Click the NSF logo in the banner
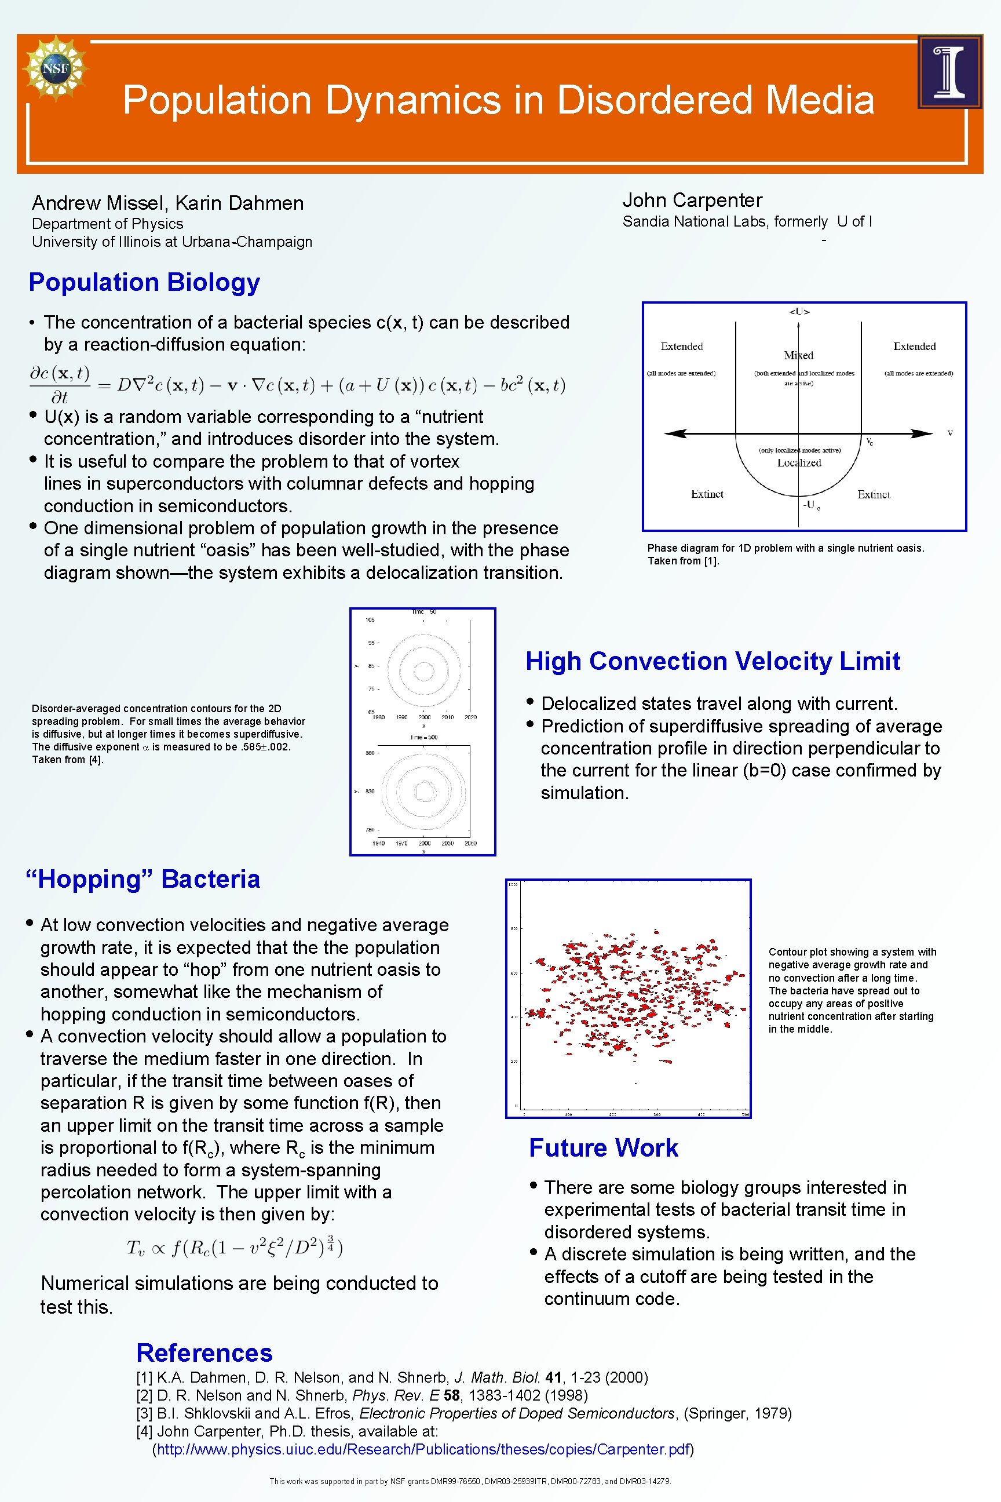pyautogui.click(x=56, y=68)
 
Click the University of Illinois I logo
pyautogui.click(x=949, y=71)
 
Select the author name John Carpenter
pyautogui.click(x=692, y=200)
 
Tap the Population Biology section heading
pyautogui.click(x=144, y=282)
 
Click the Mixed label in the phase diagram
pyautogui.click(x=798, y=355)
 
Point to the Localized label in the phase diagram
pyautogui.click(x=799, y=462)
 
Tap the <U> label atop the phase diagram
pyautogui.click(x=799, y=312)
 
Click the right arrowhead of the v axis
pyautogui.click(x=922, y=433)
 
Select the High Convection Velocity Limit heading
pyautogui.click(x=713, y=661)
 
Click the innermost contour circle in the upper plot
pyautogui.click(x=424, y=670)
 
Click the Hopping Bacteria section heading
pyautogui.click(x=143, y=880)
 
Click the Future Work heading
pyautogui.click(x=603, y=1147)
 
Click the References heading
pyautogui.click(x=204, y=1353)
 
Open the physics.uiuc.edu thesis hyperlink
pyautogui.click(x=423, y=1449)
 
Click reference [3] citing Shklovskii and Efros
pyautogui.click(x=463, y=1413)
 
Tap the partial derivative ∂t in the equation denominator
pyautogui.click(x=59, y=397)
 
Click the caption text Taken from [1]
pyautogui.click(x=683, y=561)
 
